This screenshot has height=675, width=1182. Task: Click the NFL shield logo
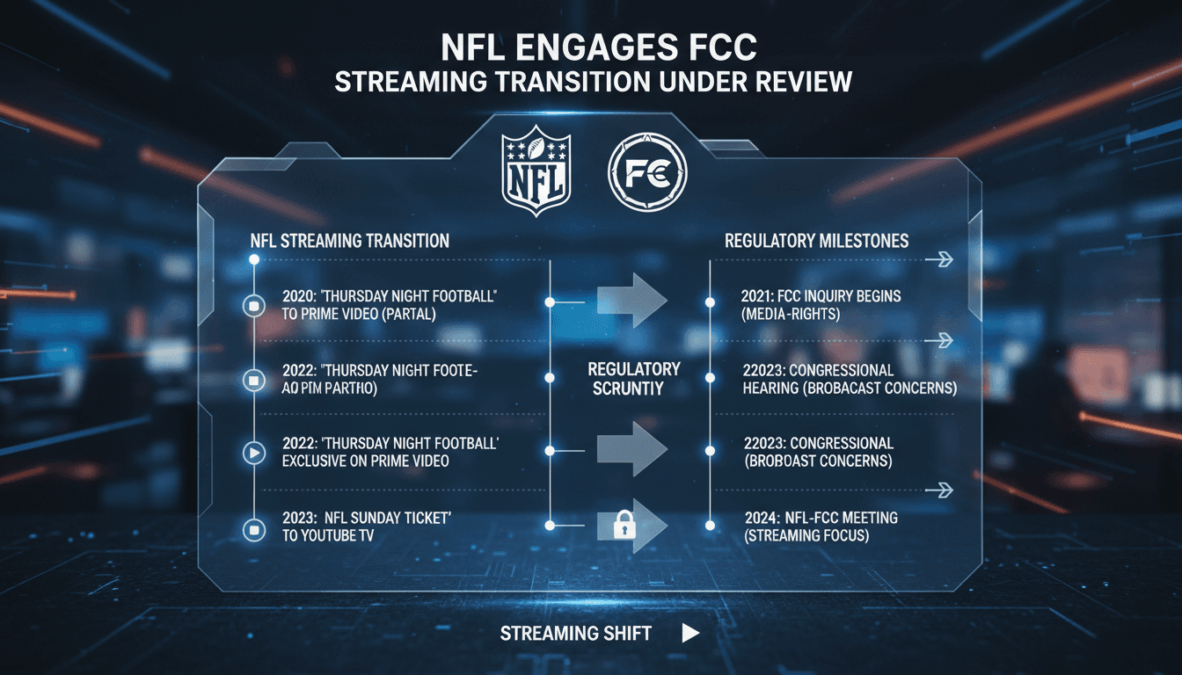click(x=536, y=172)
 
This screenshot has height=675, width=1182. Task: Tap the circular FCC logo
click(x=646, y=172)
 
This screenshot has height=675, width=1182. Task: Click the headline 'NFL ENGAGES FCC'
click(x=591, y=47)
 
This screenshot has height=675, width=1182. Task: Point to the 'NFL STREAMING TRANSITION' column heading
click(x=350, y=240)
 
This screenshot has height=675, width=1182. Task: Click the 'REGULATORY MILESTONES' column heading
click(x=817, y=240)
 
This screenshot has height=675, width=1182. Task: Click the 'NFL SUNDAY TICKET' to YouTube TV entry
click(x=368, y=526)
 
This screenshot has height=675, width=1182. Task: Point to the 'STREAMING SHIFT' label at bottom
click(x=576, y=633)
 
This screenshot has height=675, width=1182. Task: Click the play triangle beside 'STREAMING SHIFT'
click(x=690, y=633)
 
